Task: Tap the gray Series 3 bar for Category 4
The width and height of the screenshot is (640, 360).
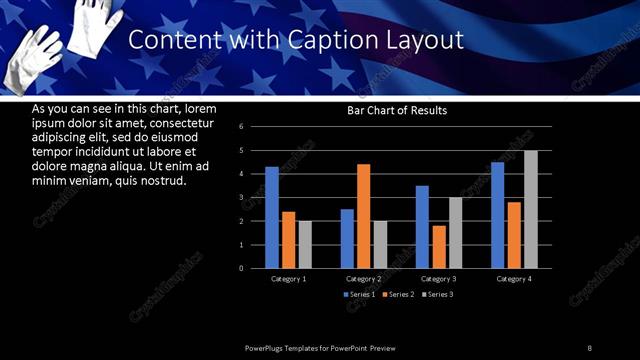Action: tap(531, 209)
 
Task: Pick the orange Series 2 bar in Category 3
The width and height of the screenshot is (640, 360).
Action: tap(439, 247)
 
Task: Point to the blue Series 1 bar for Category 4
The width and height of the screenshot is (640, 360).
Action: tap(498, 215)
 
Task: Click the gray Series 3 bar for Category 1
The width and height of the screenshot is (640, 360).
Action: tap(305, 244)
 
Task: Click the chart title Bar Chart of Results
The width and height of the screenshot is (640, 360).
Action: tap(397, 110)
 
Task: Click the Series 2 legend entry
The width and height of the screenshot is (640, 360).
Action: tap(398, 295)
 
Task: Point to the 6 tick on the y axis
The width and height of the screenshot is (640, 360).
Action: tap(242, 127)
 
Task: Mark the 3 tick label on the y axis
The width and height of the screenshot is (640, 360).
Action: tap(242, 197)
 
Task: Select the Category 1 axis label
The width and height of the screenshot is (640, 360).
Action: tap(289, 278)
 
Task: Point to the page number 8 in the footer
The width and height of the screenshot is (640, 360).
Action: tap(590, 348)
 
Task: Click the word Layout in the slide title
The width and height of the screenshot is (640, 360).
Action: tap(424, 41)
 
